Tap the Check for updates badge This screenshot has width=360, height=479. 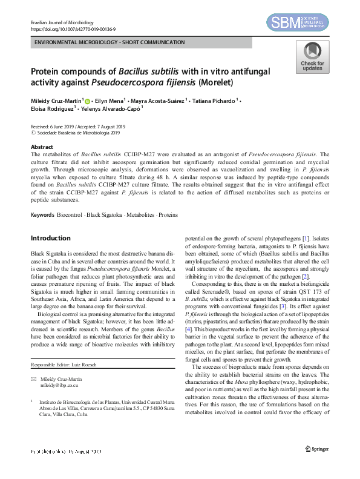[312, 58]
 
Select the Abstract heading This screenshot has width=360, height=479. [42, 147]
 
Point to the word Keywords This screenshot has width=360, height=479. [42, 215]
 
